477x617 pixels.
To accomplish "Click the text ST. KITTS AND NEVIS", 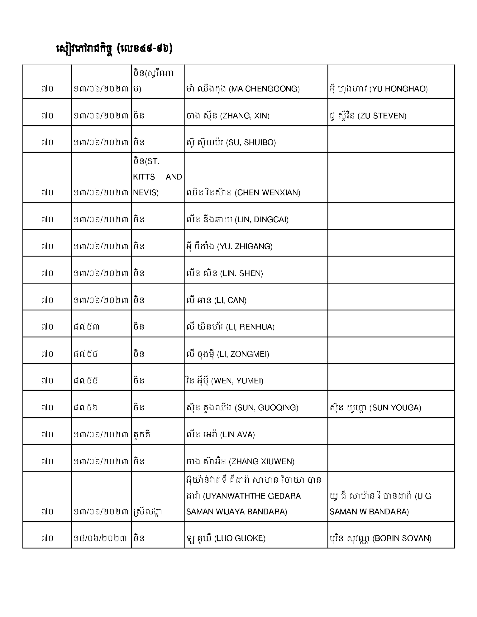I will [x=157, y=177].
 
